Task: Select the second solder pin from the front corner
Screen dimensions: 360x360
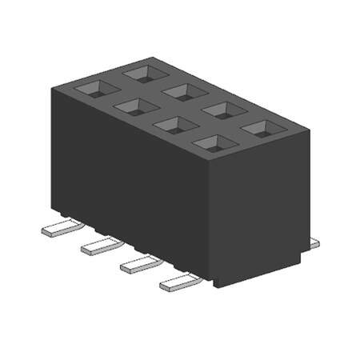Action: click(138, 264)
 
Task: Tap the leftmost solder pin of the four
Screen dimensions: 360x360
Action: click(58, 230)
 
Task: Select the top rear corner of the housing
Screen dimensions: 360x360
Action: click(147, 57)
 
